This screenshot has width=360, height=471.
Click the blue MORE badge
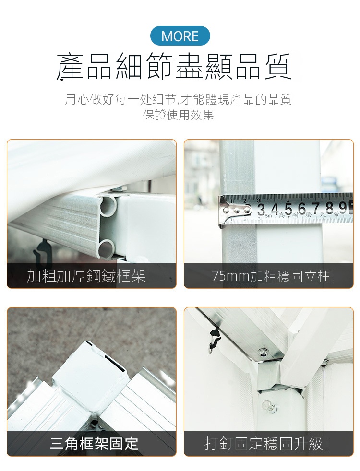[180, 36]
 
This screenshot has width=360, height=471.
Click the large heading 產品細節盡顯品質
[174, 67]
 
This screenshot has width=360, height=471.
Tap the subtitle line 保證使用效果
[179, 115]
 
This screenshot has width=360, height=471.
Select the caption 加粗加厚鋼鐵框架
[86, 276]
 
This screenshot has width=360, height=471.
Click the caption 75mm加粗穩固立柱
[271, 276]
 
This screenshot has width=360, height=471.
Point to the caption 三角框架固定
[94, 444]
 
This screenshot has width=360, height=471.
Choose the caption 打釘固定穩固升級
[264, 444]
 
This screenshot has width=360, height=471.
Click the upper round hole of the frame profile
[108, 206]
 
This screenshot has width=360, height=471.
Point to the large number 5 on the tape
[288, 210]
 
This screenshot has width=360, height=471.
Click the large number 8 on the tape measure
[329, 208]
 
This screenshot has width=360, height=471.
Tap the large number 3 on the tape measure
[261, 210]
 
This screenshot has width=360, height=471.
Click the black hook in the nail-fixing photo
[215, 341]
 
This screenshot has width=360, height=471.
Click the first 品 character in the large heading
[97, 67]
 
